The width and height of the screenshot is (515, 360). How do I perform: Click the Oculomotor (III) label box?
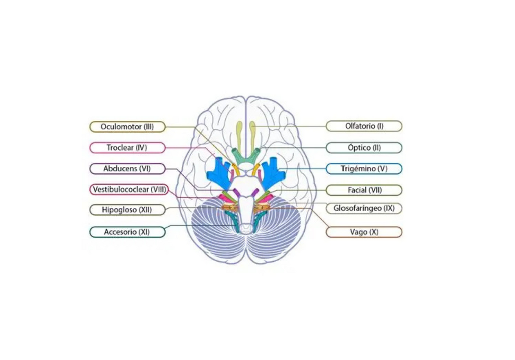(127, 127)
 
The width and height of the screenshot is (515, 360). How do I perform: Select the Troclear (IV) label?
(127, 148)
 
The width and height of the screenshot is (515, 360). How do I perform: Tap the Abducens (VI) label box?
(127, 169)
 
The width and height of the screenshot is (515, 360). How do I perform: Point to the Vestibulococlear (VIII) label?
(129, 190)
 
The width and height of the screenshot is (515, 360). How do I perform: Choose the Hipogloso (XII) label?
(127, 210)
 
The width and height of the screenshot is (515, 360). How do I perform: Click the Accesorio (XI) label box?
(127, 232)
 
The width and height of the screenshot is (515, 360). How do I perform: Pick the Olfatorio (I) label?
(364, 126)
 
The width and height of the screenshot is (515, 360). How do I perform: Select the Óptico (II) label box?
(364, 148)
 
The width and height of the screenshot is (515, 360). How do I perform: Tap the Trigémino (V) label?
(364, 169)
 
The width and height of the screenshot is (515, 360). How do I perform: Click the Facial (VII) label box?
(364, 190)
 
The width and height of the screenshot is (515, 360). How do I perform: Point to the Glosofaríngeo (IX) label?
(364, 208)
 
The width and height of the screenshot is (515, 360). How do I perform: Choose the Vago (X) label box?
(364, 232)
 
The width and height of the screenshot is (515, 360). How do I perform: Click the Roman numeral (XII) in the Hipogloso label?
(145, 210)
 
